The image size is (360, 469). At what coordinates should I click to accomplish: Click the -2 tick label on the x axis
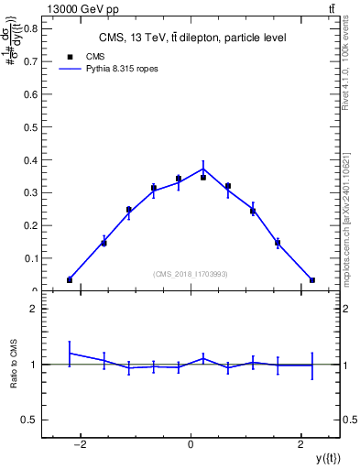click(x=80, y=445)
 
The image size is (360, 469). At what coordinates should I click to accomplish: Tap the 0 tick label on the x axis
click(x=191, y=445)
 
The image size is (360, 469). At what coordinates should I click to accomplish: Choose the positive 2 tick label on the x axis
click(x=301, y=445)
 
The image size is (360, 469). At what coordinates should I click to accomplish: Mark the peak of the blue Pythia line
click(x=203, y=168)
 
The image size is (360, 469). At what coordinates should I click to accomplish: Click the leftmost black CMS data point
click(x=70, y=279)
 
